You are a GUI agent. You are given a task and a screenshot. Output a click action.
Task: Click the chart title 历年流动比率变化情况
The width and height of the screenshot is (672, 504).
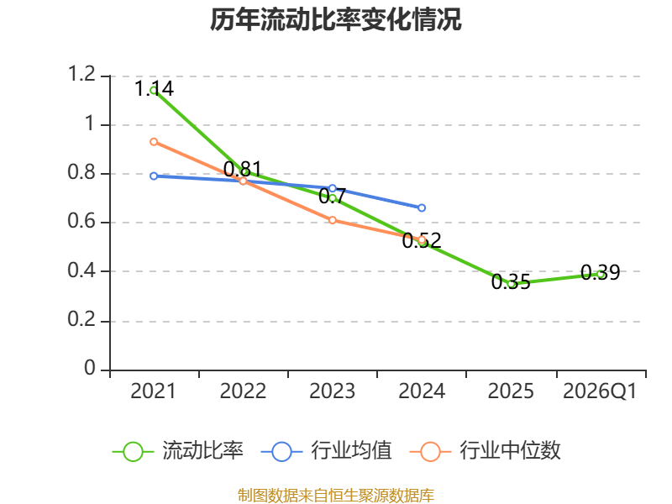pyautogui.click(x=335, y=19)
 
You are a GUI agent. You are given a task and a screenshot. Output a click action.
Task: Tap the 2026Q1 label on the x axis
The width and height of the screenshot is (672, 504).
pyautogui.click(x=600, y=391)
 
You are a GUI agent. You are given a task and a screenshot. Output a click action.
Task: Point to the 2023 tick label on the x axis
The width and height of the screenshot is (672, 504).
pyautogui.click(x=332, y=391)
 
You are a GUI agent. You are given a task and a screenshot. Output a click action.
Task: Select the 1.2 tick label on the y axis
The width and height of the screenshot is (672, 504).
pyautogui.click(x=81, y=74)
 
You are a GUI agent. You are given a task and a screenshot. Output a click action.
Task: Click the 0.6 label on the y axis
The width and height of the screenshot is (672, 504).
pyautogui.click(x=81, y=221)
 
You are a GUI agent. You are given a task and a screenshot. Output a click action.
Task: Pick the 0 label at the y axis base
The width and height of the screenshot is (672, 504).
pyautogui.click(x=90, y=368)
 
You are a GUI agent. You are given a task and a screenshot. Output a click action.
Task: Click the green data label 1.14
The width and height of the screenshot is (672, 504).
pyautogui.click(x=154, y=89)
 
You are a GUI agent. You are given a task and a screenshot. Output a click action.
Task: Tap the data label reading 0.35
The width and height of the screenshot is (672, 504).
pyautogui.click(x=511, y=281)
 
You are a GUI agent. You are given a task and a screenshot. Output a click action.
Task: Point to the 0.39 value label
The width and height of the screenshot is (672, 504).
pyautogui.click(x=601, y=272)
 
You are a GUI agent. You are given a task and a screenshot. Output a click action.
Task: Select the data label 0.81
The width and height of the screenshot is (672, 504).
pyautogui.click(x=243, y=170)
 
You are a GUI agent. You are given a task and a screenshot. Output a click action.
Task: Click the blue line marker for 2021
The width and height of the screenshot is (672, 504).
pyautogui.click(x=154, y=176)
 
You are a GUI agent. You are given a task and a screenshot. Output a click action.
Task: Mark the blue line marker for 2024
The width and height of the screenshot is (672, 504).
pyautogui.click(x=422, y=207)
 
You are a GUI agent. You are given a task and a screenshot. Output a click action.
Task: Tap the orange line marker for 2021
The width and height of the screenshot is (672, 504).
pyautogui.click(x=154, y=142)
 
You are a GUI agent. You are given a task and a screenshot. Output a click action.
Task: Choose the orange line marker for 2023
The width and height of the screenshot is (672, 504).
pyautogui.click(x=333, y=220)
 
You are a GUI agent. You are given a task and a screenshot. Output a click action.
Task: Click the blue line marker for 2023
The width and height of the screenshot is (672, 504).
pyautogui.click(x=333, y=188)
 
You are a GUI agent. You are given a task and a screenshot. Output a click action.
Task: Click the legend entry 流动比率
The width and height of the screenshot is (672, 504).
pyautogui.click(x=177, y=451)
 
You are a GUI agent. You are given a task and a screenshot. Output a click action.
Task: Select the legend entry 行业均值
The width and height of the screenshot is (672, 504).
pyautogui.click(x=326, y=451)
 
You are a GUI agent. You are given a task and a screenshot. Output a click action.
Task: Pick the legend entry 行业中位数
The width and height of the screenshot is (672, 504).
pyautogui.click(x=486, y=451)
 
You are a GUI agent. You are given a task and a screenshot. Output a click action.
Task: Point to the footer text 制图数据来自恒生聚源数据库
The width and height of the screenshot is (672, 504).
pyautogui.click(x=336, y=496)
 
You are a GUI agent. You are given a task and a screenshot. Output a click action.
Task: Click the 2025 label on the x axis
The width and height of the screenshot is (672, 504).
pyautogui.click(x=511, y=391)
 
